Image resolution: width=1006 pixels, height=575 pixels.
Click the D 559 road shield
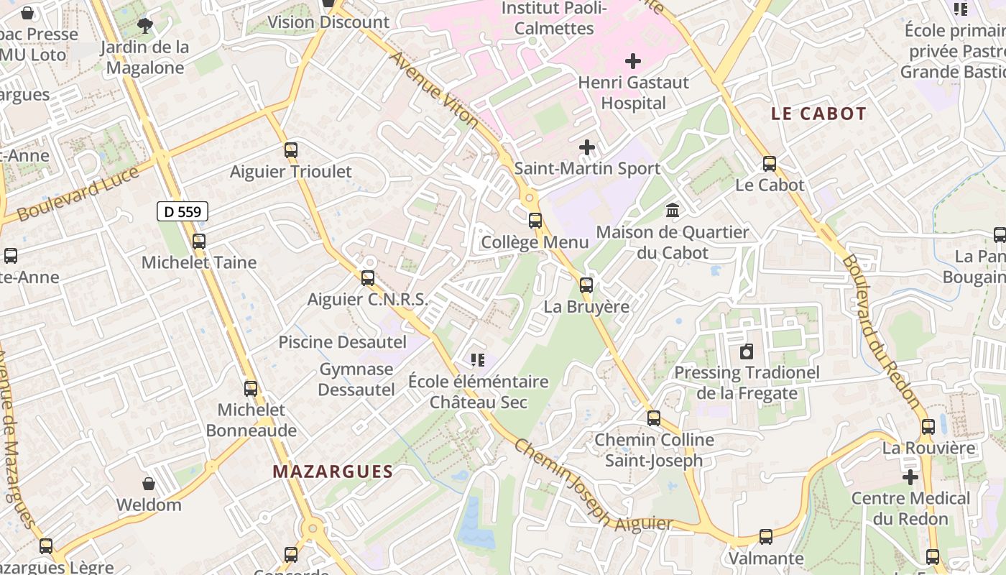(183, 211)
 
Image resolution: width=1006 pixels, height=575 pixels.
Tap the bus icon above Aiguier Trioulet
(290, 150)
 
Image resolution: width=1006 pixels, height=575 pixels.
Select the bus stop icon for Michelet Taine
(199, 241)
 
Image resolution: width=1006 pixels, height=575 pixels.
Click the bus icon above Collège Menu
(535, 221)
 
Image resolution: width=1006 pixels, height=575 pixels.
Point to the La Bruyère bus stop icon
(586, 285)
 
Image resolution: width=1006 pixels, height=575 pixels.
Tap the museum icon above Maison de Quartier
(673, 211)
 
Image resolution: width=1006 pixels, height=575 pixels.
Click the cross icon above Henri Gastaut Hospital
(632, 61)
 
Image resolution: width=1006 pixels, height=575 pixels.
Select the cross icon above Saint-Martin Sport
(587, 147)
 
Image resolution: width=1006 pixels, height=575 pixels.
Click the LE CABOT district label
(818, 114)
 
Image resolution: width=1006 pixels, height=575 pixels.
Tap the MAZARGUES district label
(333, 471)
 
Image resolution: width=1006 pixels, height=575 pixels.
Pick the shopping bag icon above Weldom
(149, 484)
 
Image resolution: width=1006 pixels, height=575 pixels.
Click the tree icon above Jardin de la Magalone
(145, 27)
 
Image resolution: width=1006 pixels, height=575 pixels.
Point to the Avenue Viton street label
(433, 89)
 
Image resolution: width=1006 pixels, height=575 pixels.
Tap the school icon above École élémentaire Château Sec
(478, 359)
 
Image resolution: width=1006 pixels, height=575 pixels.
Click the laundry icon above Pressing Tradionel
(747, 351)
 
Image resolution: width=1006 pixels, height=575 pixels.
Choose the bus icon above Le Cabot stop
(770, 164)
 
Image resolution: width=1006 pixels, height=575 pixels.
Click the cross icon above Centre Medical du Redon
(910, 477)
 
